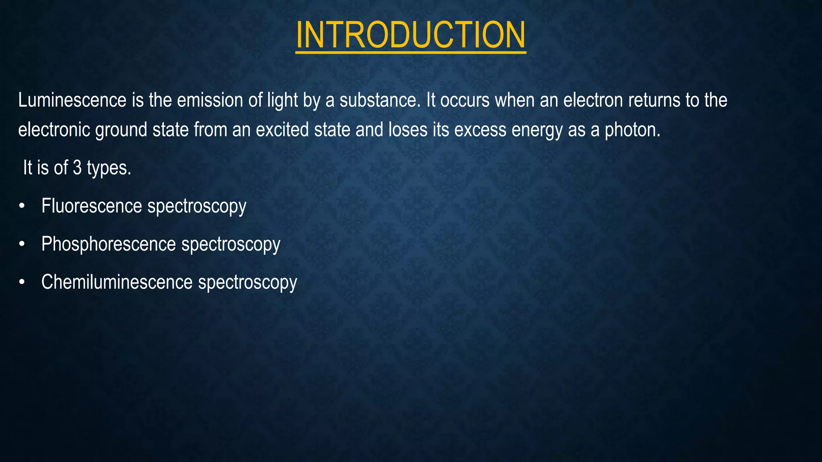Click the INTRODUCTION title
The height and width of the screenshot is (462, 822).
click(410, 35)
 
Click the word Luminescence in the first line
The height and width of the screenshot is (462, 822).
click(72, 100)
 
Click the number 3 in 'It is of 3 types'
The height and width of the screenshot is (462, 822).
click(77, 168)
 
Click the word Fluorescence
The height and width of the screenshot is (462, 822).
click(92, 206)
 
